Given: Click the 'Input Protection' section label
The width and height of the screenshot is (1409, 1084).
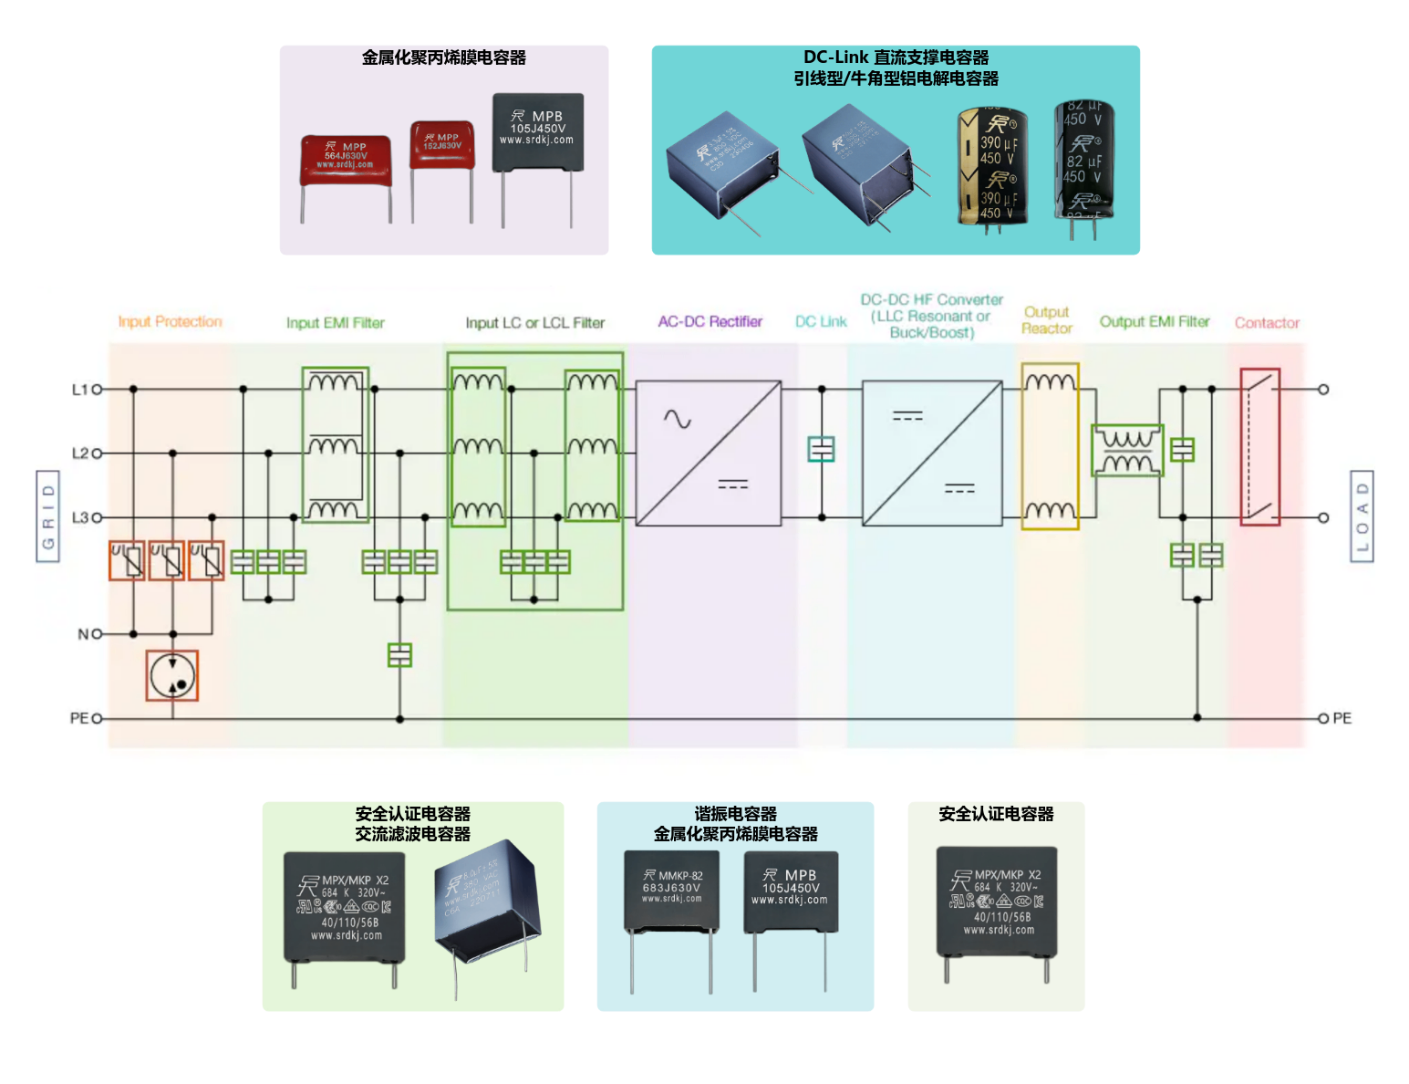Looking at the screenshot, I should click(x=170, y=322).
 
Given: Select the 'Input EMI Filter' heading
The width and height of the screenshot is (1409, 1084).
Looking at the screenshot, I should click(x=335, y=323).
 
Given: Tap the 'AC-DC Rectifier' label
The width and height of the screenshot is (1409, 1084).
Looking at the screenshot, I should click(x=710, y=322).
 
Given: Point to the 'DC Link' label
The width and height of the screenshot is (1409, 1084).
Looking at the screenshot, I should click(x=821, y=322).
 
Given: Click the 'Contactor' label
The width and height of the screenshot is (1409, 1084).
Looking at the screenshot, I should click(x=1267, y=323).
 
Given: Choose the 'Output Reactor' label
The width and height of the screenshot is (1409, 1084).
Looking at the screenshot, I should click(x=1046, y=320).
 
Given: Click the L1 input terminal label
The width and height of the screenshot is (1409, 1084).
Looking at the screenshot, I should click(x=80, y=390).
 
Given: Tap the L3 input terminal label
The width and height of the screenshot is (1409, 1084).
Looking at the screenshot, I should click(x=80, y=517).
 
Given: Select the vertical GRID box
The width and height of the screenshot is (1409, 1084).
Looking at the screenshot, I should click(x=48, y=516).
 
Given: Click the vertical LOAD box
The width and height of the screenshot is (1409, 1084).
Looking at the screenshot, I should click(x=1362, y=516).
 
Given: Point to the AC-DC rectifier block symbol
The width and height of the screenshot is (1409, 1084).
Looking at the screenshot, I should click(x=708, y=453).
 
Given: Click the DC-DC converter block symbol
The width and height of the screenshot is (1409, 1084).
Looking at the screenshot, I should click(x=932, y=453).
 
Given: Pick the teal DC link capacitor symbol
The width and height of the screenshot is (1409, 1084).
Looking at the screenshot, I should click(x=822, y=449).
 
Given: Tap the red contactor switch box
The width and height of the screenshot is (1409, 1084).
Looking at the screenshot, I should click(x=1259, y=447).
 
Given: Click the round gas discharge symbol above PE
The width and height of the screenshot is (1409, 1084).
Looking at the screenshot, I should click(x=172, y=675).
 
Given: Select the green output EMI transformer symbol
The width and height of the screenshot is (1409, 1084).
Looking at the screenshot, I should click(x=1127, y=451).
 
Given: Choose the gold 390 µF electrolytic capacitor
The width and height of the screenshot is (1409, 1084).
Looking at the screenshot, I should click(x=992, y=167).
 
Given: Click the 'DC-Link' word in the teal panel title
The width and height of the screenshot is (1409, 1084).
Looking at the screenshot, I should click(x=835, y=57).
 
